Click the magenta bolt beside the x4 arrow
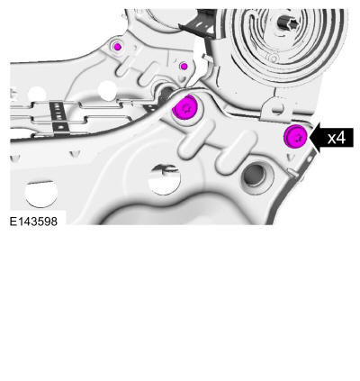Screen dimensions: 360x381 click(295, 137)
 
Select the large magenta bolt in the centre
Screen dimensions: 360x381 click(184, 107)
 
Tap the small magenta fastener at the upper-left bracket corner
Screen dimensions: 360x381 click(118, 47)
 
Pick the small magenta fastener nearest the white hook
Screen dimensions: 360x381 click(184, 66)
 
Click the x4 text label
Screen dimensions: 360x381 click(337, 138)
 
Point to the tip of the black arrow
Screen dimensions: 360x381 click(310, 138)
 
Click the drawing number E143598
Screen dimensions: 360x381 click(33, 222)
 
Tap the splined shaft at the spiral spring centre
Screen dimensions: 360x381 click(286, 23)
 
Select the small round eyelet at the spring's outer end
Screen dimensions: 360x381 click(273, 57)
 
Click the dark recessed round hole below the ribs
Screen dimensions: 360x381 click(256, 175)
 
